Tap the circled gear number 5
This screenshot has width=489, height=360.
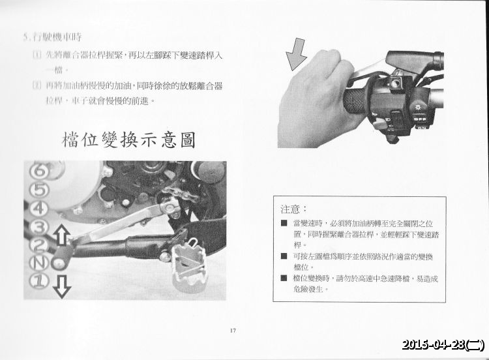pos(40,190)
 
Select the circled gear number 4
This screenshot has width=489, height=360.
pos(40,209)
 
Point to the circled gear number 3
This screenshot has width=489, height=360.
pos(40,228)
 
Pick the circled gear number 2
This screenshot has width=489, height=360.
pos(40,246)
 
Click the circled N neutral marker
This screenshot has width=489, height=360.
pos(40,263)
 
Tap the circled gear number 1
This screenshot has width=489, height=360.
pos(40,281)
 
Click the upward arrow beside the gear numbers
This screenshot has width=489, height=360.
pos(61,234)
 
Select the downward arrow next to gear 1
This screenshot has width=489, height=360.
pos(61,285)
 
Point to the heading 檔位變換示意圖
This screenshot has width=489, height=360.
pos(128,140)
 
